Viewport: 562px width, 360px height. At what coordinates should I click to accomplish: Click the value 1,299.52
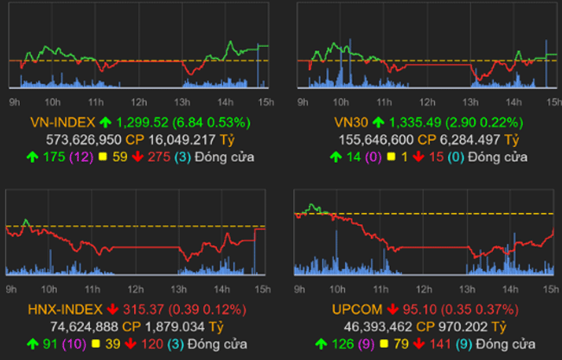[x=142, y=122]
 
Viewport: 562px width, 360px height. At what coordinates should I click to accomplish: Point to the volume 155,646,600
[x=368, y=138]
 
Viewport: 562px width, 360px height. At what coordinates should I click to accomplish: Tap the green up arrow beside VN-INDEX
[x=105, y=122]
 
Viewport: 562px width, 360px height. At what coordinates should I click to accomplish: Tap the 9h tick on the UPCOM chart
[x=301, y=289]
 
